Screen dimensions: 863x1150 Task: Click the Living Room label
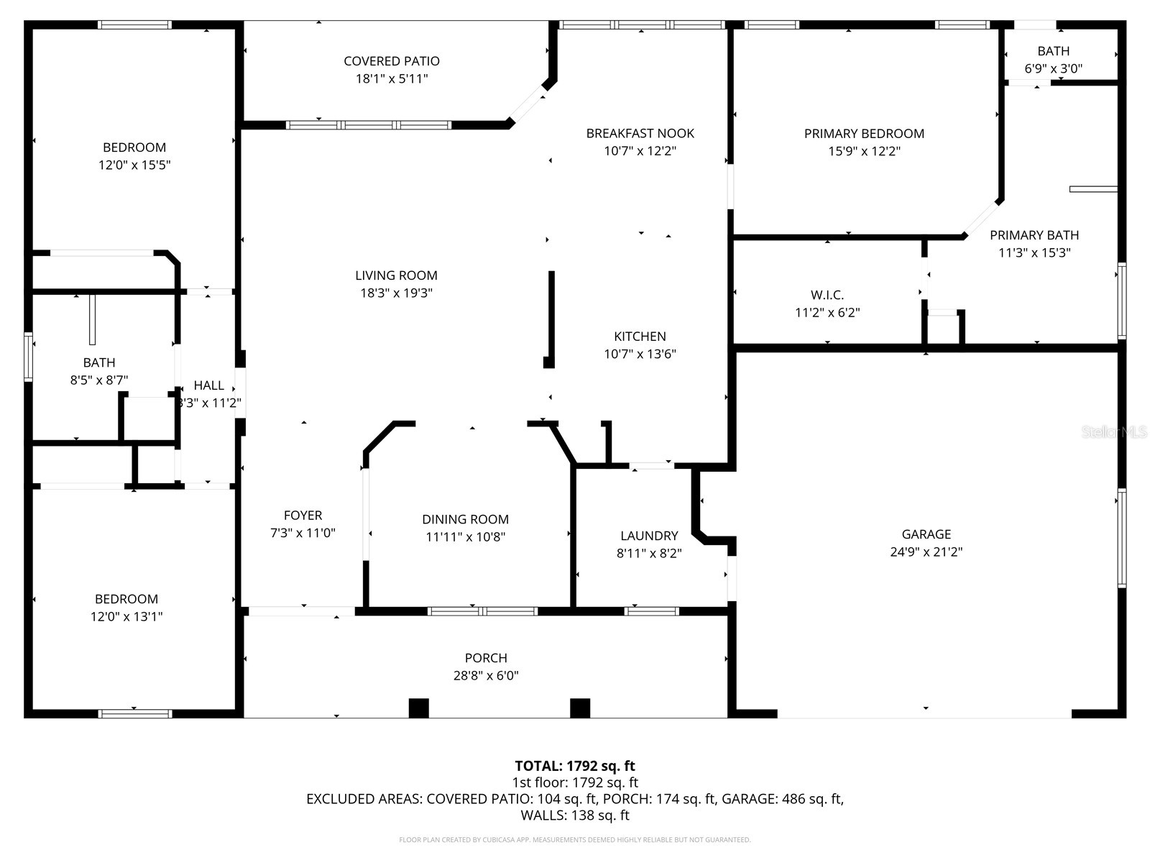click(396, 275)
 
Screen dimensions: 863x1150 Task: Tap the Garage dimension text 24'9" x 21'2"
click(926, 552)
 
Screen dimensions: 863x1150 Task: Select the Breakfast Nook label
click(640, 133)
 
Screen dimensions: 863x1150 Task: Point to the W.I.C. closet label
click(827, 295)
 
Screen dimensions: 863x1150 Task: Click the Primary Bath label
click(1034, 235)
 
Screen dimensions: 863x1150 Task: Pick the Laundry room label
click(649, 536)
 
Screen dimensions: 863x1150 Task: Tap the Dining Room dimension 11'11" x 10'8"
click(465, 536)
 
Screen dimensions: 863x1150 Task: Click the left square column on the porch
click(418, 708)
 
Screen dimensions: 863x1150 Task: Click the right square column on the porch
click(580, 708)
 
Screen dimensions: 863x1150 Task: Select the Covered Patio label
click(392, 61)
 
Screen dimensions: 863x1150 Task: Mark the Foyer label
click(303, 515)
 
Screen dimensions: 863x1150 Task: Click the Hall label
click(208, 385)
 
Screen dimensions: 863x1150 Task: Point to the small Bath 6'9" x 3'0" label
click(1053, 51)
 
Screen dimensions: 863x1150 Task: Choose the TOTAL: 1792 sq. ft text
click(575, 766)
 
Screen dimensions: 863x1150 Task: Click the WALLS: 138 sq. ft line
click(575, 816)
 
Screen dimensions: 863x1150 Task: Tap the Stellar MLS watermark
click(1115, 431)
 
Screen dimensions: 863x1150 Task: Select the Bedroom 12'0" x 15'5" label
click(134, 147)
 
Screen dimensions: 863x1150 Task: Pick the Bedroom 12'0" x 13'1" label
click(126, 599)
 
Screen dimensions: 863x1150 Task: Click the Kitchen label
click(640, 337)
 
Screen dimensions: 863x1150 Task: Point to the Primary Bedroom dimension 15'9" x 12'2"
click(864, 151)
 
